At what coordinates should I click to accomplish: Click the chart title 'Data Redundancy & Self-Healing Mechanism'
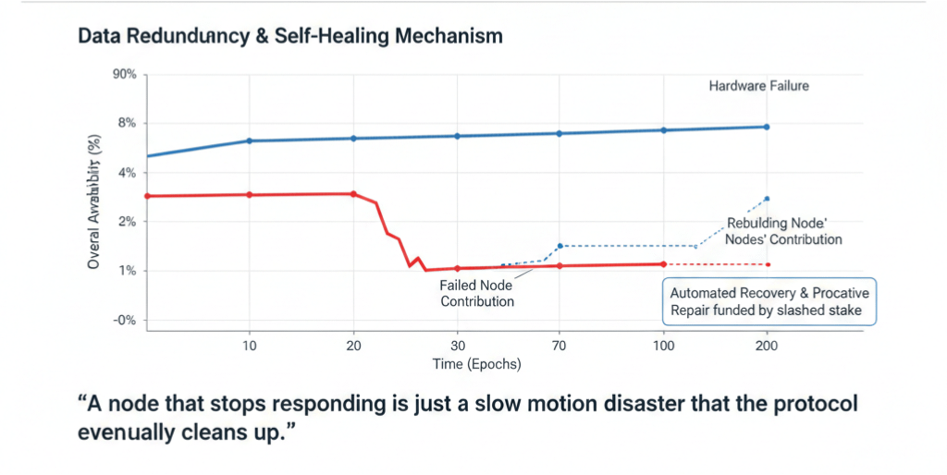tap(290, 36)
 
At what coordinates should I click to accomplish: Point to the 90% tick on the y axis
tap(124, 74)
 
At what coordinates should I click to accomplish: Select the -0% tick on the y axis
tap(125, 320)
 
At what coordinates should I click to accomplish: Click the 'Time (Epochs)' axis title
tap(476, 364)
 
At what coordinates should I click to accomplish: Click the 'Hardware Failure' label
tap(758, 86)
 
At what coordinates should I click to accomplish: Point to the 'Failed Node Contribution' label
tap(477, 293)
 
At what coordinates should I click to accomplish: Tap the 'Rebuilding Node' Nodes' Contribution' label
tap(784, 231)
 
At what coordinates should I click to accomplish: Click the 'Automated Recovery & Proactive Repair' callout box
tap(769, 301)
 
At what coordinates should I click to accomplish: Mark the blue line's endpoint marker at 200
tap(767, 127)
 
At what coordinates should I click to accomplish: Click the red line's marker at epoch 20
tap(353, 194)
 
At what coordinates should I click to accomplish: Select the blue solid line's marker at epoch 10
tap(249, 140)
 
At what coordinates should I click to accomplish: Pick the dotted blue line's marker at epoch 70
tap(560, 246)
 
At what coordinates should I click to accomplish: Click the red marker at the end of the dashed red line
tap(768, 264)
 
